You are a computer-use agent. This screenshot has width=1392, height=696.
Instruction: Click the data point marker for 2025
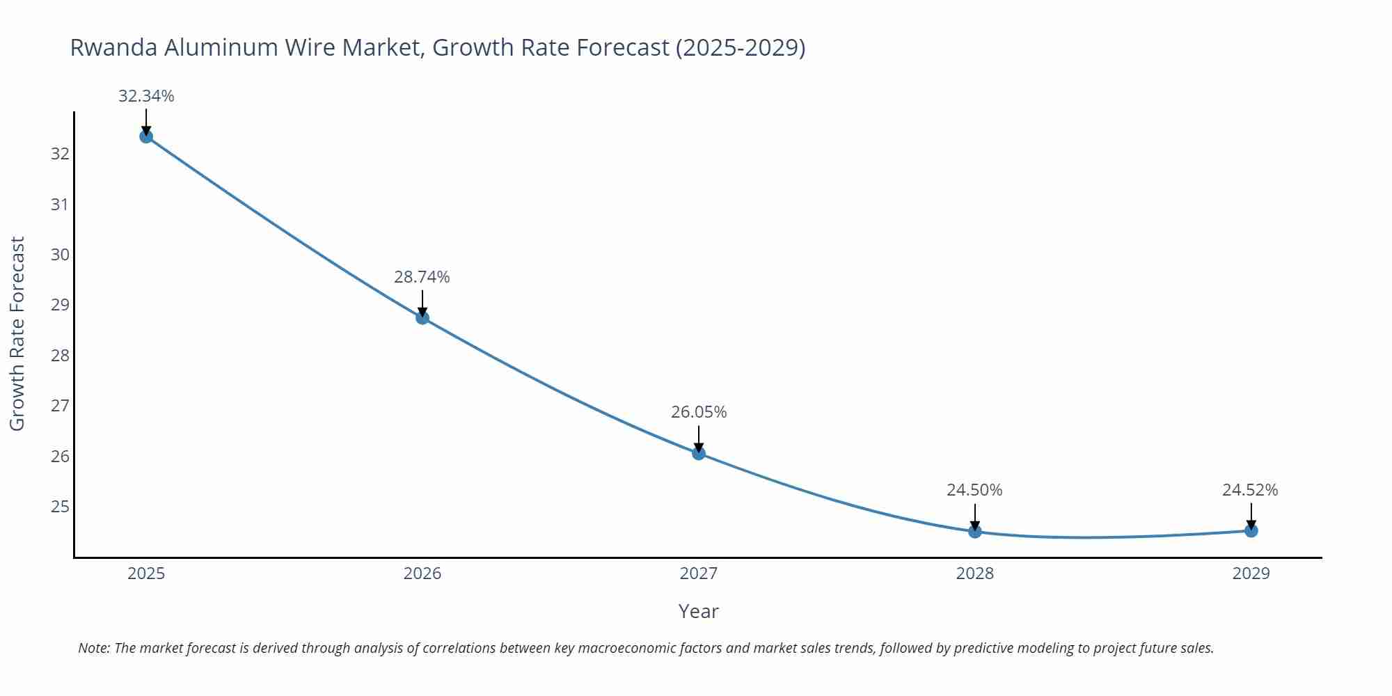(146, 136)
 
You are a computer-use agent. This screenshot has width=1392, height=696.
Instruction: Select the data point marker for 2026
(422, 318)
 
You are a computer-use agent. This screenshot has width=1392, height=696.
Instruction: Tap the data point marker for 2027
(699, 454)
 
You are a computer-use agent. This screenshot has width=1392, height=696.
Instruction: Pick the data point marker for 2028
(975, 532)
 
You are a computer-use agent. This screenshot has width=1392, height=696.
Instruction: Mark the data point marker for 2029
(1251, 531)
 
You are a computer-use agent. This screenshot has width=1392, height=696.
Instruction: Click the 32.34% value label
(146, 96)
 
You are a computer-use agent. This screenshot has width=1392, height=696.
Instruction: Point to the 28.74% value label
(422, 277)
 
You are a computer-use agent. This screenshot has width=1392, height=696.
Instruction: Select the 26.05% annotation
(699, 412)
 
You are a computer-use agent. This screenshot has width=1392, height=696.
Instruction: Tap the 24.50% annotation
(974, 490)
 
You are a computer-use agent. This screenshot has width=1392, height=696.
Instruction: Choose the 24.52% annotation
(1250, 490)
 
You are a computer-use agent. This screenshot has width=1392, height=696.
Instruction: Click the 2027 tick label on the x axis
(699, 574)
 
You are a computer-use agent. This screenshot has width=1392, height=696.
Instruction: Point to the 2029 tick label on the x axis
(1251, 574)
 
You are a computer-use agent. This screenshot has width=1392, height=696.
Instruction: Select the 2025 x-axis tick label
(146, 574)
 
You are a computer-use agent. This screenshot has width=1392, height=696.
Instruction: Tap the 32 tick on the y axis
(61, 154)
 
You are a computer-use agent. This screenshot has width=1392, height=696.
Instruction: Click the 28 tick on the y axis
(61, 356)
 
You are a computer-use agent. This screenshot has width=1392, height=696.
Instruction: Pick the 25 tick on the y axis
(61, 507)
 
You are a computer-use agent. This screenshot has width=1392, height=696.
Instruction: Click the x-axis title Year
(698, 611)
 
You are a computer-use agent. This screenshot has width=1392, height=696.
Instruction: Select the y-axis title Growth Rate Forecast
(17, 333)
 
